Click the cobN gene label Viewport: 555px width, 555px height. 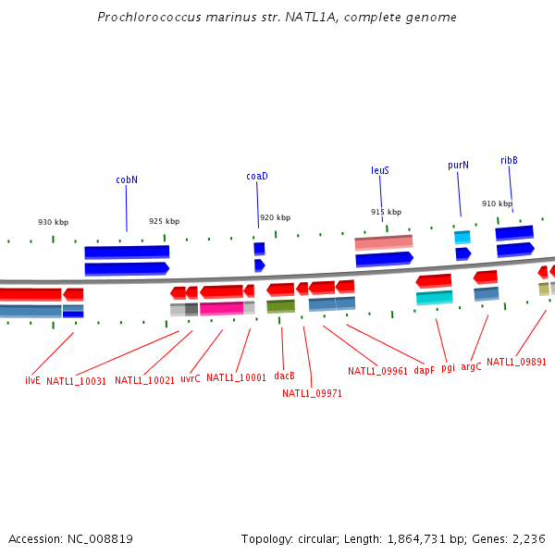pyautogui.click(x=127, y=179)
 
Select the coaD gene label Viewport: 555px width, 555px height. pyautogui.click(x=256, y=176)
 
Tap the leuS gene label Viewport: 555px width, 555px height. pyautogui.click(x=380, y=170)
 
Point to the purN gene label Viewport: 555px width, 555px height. pyautogui.click(x=458, y=165)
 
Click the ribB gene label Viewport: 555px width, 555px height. pyautogui.click(x=509, y=160)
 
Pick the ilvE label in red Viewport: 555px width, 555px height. pyautogui.click(x=32, y=380)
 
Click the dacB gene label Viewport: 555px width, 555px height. pyautogui.click(x=284, y=376)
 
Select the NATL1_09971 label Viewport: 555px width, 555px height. pyautogui.click(x=312, y=392)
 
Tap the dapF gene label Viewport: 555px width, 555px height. pyautogui.click(x=424, y=370)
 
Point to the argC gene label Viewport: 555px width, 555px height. pyautogui.click(x=471, y=367)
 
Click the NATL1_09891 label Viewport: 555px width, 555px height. pyautogui.click(x=516, y=363)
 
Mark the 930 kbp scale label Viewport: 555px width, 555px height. pyautogui.click(x=53, y=222)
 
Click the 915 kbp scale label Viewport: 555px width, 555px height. pyautogui.click(x=386, y=212)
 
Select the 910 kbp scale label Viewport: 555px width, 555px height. pyautogui.click(x=497, y=203)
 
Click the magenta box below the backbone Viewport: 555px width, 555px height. pyautogui.click(x=221, y=308)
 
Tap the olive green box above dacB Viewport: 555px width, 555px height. pyautogui.click(x=280, y=306)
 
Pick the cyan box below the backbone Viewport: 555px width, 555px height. pyautogui.click(x=434, y=297)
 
